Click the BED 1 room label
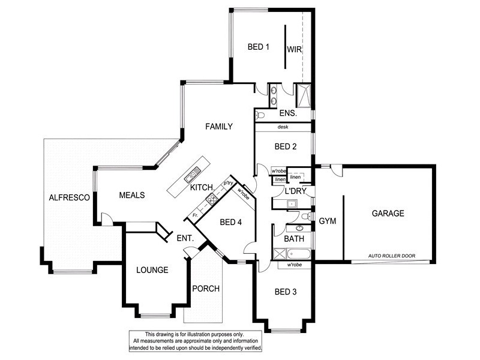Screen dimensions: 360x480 point(259,47)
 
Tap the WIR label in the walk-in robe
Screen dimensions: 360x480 point(293,49)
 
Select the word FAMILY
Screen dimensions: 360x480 point(218,127)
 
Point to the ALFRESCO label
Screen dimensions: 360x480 point(69,197)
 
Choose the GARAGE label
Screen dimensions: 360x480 point(387,213)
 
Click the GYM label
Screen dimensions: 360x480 point(327,221)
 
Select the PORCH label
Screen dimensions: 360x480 point(205,289)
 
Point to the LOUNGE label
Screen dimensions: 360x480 point(152,270)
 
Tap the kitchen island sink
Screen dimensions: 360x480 point(193,175)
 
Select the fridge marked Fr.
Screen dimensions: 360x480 point(195,215)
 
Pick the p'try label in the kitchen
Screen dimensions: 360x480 point(228,182)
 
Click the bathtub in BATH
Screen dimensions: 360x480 point(289,253)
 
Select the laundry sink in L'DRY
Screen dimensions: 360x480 point(291,204)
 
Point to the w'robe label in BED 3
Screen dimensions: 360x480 point(294,265)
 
